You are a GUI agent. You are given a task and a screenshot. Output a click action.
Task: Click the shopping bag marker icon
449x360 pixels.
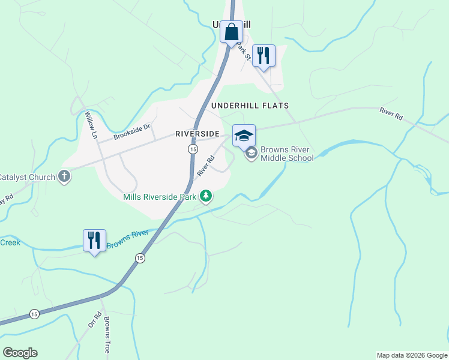coord(231,31)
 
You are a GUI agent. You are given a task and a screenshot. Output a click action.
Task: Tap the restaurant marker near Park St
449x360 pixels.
coord(263,55)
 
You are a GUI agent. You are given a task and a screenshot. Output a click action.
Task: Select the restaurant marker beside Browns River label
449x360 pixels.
coord(94,240)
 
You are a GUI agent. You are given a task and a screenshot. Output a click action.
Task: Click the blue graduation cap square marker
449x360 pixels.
coord(243,135)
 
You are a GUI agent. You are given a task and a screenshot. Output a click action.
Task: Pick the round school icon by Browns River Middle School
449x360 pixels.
coord(252,154)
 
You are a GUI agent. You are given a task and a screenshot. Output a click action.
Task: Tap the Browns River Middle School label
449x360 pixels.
coord(287,154)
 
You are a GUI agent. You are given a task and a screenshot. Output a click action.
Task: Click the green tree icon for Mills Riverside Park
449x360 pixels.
coord(206,196)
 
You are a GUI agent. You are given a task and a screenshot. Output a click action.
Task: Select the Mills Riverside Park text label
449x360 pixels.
coord(160,196)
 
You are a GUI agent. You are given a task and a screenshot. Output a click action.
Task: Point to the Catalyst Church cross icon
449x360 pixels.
coord(64,176)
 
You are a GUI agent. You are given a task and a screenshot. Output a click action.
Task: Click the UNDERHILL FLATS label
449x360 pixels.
coord(250,106)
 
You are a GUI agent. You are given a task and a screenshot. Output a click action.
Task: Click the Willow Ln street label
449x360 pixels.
coord(91,125)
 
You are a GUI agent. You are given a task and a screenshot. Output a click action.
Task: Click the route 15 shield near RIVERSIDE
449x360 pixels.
coord(192,148)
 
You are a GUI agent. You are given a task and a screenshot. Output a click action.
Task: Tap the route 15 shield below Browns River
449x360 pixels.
coord(140,258)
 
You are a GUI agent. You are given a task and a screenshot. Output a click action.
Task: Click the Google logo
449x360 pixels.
coord(20,353)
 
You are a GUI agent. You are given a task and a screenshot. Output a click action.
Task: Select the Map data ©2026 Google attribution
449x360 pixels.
coord(412,355)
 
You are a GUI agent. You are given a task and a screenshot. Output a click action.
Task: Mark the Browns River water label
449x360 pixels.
coord(127,243)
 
